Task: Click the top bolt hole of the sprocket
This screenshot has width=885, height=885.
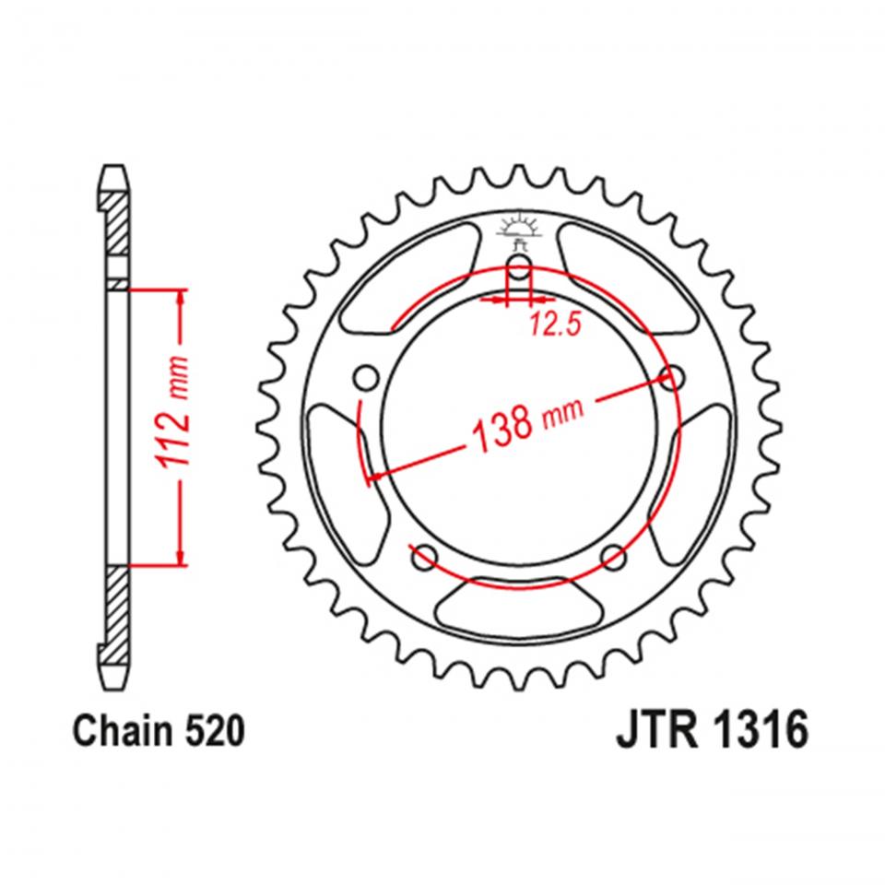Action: pyautogui.click(x=520, y=270)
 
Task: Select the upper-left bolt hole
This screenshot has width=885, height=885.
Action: pyautogui.click(x=365, y=378)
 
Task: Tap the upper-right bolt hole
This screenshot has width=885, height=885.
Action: pyautogui.click(x=675, y=377)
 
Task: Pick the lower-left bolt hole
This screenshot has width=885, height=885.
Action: pyautogui.click(x=425, y=555)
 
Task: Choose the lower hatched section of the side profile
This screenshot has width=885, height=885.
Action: pyautogui.click(x=116, y=613)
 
